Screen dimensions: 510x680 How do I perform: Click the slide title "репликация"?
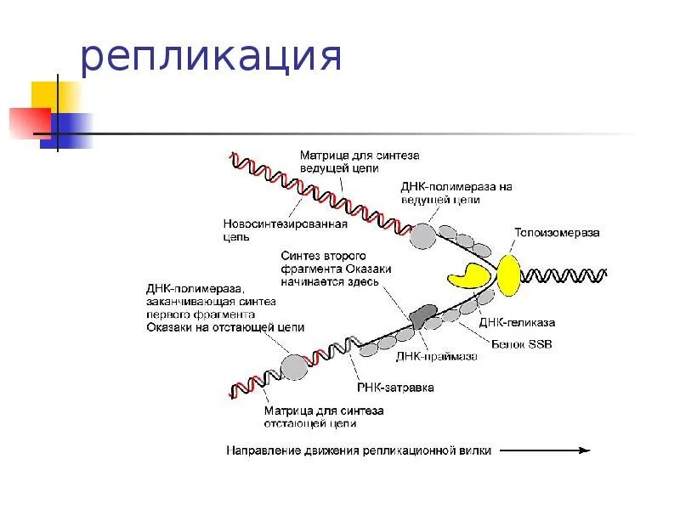pos(212,57)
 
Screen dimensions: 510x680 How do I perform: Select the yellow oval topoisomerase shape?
pos(509,275)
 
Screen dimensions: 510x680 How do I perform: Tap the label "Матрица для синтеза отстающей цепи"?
pos(322,416)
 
